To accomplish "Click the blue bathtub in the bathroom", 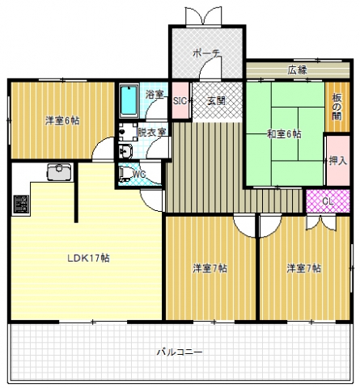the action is [x=129, y=100].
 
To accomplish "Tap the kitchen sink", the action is [x=59, y=171].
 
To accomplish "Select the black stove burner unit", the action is [x=21, y=205].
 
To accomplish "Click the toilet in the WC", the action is [x=125, y=174].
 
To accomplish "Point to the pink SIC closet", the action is [x=180, y=100].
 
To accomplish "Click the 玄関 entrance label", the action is [x=216, y=101].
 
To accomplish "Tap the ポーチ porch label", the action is [x=206, y=53].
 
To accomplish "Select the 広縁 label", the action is [x=297, y=70].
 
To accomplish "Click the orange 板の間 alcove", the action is [x=337, y=107].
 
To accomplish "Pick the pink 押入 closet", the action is [x=338, y=161].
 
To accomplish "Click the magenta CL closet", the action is [x=328, y=201].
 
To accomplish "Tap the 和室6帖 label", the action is [x=284, y=134].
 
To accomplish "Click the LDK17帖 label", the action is [x=88, y=259].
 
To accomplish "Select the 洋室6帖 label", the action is [x=62, y=120].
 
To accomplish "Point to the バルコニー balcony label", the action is [x=180, y=352].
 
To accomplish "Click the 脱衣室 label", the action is [x=151, y=133].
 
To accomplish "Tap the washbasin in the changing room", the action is [x=125, y=151].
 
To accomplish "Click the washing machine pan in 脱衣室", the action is [x=128, y=132].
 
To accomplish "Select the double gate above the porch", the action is [x=203, y=16].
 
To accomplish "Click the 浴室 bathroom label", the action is [x=155, y=95].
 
